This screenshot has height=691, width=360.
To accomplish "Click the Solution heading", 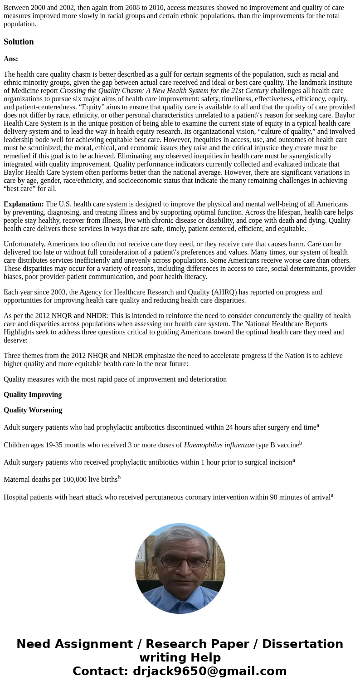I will coord(19,42).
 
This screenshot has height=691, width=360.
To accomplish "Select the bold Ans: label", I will coord(11,59).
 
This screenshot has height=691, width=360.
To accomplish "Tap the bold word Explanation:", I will coord(24,204).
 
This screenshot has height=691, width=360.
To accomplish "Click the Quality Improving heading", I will coord(33,395).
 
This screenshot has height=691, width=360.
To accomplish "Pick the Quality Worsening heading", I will coord(33,410).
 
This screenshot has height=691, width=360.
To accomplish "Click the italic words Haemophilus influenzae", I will coord(219,445).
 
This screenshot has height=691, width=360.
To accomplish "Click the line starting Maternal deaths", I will coord(62,480).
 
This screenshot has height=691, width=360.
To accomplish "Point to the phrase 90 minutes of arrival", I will coord(300,497).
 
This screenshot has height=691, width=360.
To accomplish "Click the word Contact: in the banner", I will coord(101,671).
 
